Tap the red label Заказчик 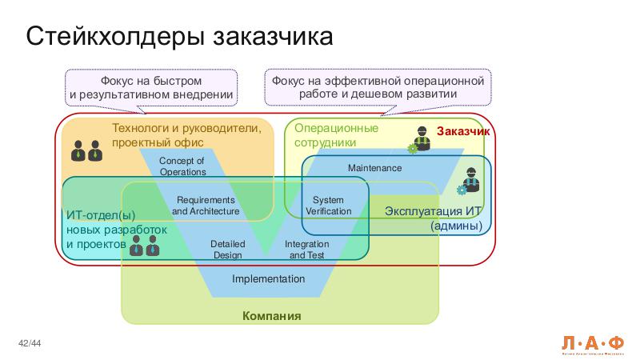463,131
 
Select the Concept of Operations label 182,166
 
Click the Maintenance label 374,168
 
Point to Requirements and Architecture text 206,206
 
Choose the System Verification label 328,206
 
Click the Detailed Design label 227,250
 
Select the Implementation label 269,279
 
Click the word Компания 272,316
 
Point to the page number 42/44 30,344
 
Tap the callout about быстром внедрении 151,88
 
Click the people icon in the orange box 86,150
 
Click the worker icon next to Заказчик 420,139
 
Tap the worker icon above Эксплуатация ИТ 469,182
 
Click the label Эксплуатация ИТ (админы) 433,218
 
